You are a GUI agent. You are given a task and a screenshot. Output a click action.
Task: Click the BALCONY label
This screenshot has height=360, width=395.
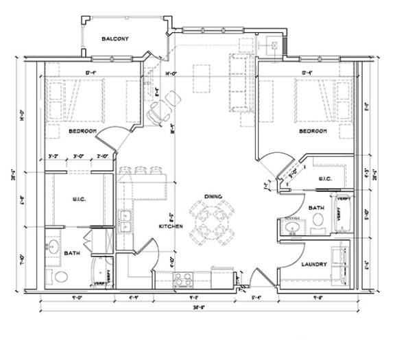115,39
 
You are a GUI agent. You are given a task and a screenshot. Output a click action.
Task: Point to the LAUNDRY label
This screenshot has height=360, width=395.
315,263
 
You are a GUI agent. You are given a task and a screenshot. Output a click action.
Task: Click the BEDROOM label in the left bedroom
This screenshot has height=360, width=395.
82,130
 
